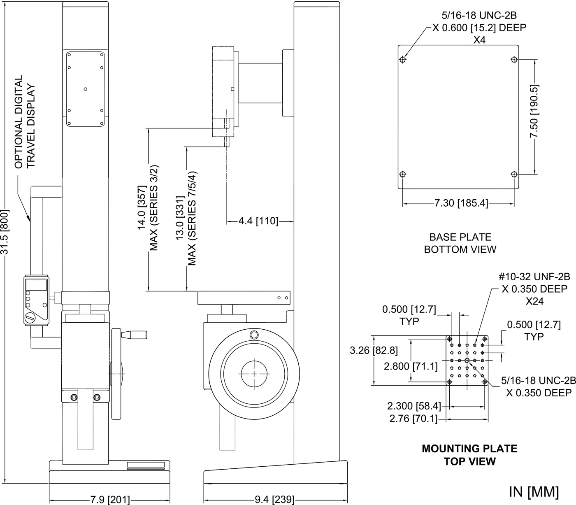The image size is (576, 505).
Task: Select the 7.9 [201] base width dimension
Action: coord(110,500)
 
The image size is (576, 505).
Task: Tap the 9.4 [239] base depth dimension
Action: coord(274,500)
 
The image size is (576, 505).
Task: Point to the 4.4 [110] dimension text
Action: coord(258,221)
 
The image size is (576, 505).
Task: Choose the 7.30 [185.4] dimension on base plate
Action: coord(461,203)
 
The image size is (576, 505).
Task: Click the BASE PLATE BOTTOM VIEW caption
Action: coord(460,243)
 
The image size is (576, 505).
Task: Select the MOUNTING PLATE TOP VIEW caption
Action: coord(469,455)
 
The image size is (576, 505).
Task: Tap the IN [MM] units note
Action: coord(534,491)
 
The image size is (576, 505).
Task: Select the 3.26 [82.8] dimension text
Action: coord(374,351)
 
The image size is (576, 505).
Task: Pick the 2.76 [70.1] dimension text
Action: coord(412,419)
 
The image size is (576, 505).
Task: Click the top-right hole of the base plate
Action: coord(514,60)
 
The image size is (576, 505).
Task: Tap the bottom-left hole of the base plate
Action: coord(402,174)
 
